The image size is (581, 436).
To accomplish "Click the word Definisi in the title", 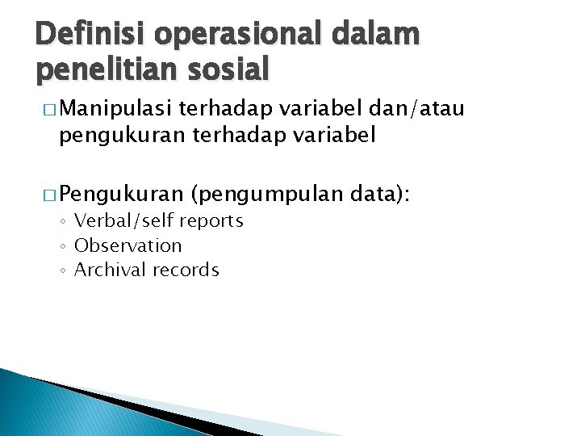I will [x=90, y=36].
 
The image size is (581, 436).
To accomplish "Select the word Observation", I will [x=127, y=245].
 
